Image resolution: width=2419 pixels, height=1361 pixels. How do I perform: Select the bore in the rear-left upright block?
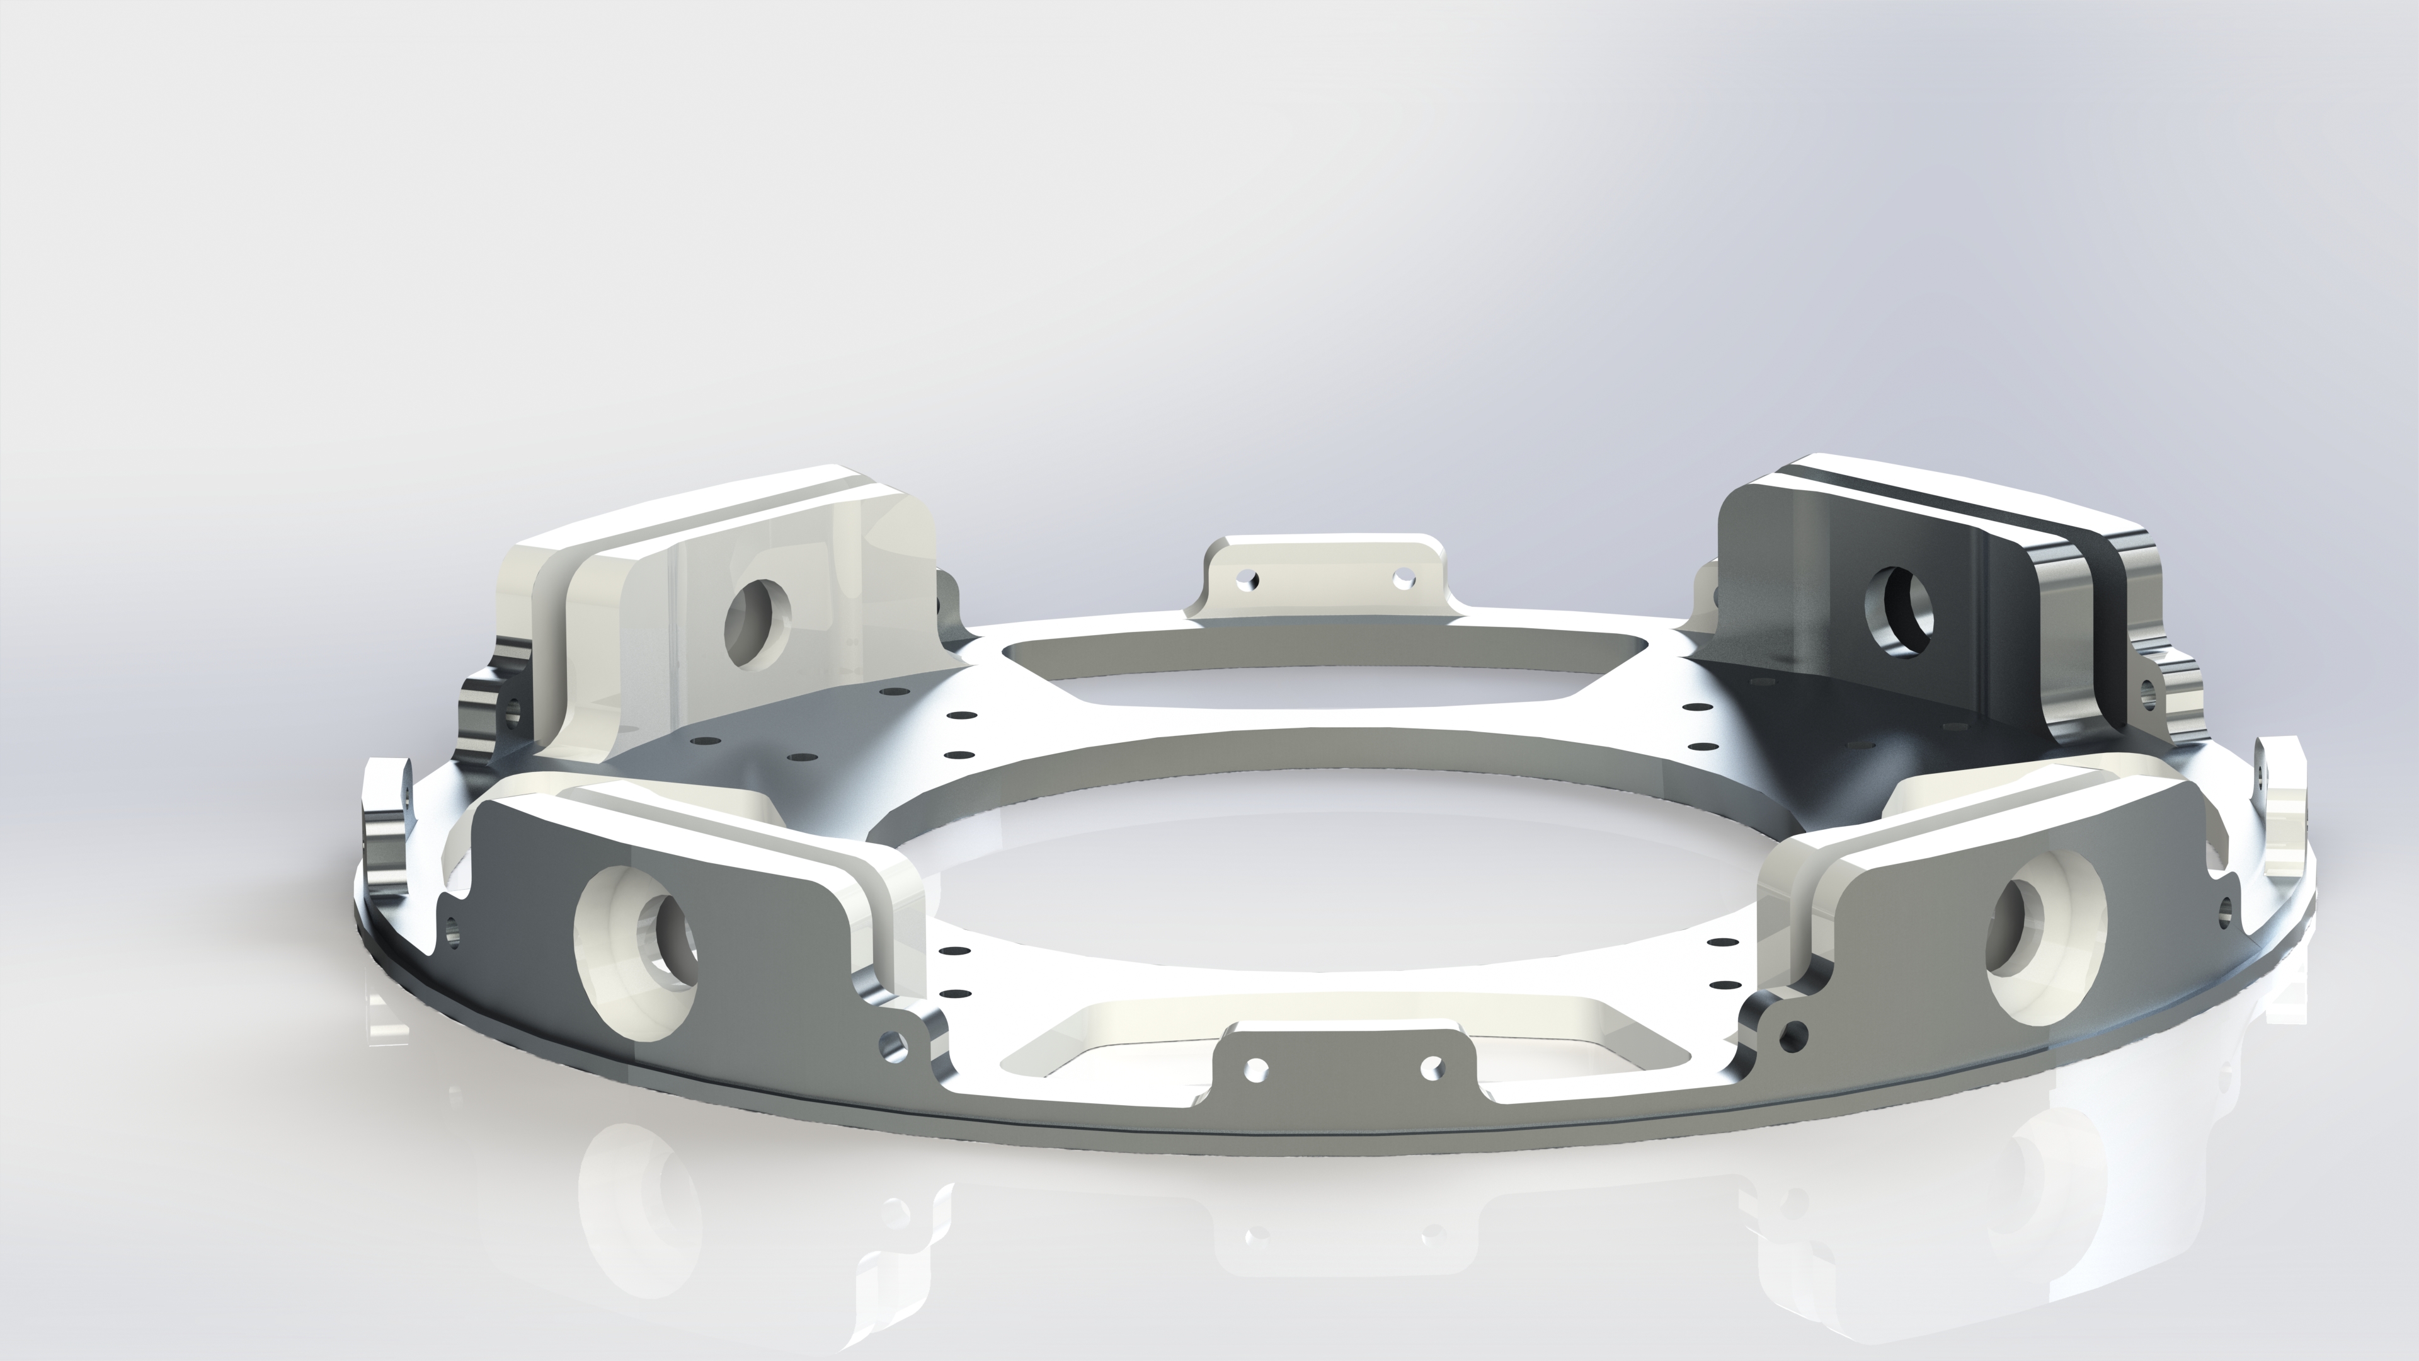[x=756, y=623]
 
